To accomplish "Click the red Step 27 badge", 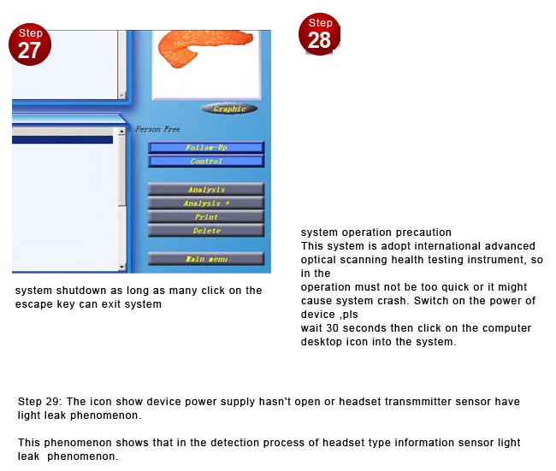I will pos(29,44).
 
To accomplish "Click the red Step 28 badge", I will pos(319,35).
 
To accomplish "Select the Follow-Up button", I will pos(205,148).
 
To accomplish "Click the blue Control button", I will pos(205,162).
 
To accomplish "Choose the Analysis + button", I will pos(205,203).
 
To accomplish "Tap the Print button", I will pos(205,217).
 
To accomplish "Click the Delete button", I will pos(205,231).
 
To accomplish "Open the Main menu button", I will pos(205,258).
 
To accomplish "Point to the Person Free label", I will pos(157,130).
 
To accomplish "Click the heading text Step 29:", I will pos(42,402).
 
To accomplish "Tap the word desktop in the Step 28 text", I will pos(320,342).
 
